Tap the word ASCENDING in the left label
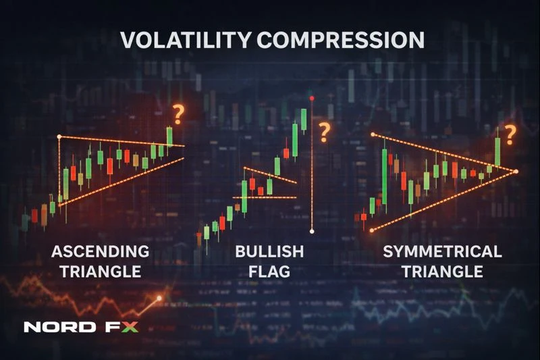click(101, 252)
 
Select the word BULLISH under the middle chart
click(269, 252)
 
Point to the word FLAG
click(269, 272)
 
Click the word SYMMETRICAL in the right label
click(442, 252)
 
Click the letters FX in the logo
click(122, 328)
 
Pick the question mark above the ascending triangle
click(178, 115)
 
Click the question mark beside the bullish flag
click(325, 132)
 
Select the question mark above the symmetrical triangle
click(510, 134)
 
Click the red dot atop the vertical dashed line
click(312, 99)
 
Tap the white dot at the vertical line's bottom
click(312, 232)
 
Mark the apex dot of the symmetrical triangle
click(516, 172)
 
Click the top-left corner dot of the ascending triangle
click(59, 137)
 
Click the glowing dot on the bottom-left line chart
click(159, 298)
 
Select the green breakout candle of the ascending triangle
click(169, 137)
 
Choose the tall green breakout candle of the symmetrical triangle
click(497, 152)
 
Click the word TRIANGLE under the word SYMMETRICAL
click(442, 272)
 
